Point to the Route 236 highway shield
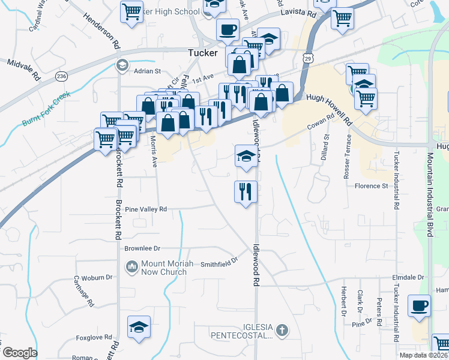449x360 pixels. click(62, 76)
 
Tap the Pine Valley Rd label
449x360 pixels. click(145, 209)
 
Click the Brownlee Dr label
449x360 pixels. click(142, 248)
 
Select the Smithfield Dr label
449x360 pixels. click(219, 262)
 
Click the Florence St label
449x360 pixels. click(372, 186)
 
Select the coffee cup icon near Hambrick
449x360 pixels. click(418, 305)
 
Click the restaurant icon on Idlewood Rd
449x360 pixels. click(246, 191)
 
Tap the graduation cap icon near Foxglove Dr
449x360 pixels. click(139, 327)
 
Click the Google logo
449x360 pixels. click(20, 353)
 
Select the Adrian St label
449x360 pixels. click(148, 71)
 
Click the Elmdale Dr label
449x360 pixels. click(408, 277)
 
